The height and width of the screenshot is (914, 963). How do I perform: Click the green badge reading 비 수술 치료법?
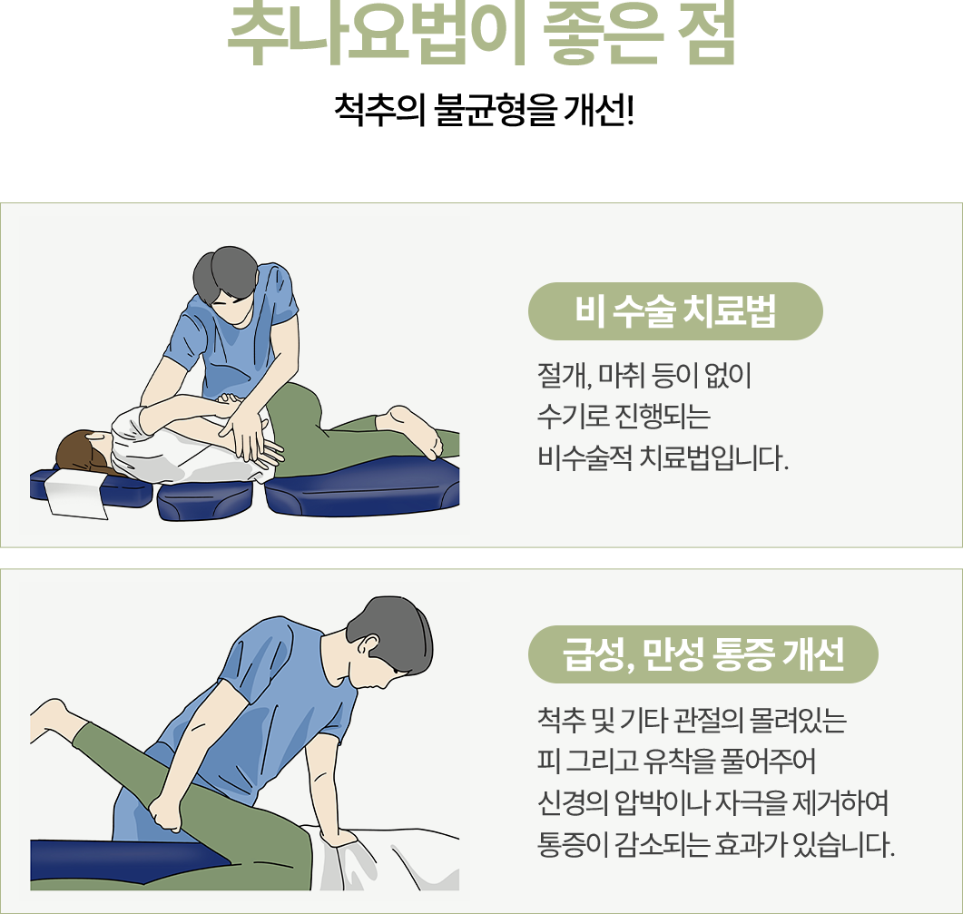[x=675, y=311]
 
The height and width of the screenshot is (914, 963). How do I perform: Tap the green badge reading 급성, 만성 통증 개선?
[x=703, y=654]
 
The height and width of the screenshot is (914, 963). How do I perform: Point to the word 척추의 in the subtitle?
[x=379, y=111]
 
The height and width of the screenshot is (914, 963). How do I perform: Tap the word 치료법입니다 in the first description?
[x=713, y=458]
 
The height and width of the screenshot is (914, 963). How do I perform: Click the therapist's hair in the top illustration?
[x=225, y=273]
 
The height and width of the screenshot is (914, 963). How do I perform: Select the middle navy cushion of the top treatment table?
[x=205, y=500]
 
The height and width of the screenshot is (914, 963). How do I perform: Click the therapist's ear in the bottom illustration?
[x=369, y=645]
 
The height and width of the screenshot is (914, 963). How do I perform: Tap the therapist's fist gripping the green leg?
[x=166, y=815]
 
